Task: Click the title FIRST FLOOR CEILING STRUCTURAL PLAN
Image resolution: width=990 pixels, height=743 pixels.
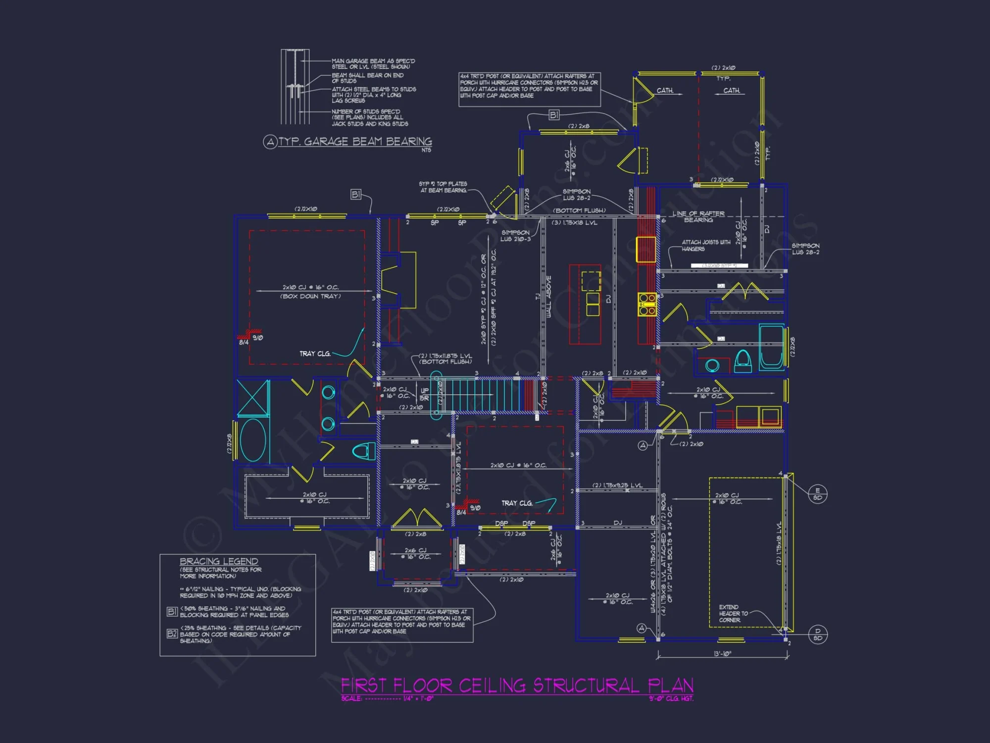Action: (517, 686)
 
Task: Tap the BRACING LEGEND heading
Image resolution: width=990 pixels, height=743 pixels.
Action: (219, 561)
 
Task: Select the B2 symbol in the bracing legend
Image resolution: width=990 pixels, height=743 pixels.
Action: (172, 634)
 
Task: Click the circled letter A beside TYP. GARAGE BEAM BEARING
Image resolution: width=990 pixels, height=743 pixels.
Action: (270, 142)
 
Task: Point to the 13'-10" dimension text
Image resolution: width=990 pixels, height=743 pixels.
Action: (722, 654)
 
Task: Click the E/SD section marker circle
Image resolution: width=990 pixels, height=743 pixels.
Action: (817, 494)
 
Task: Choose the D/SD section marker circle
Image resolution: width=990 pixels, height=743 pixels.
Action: (817, 634)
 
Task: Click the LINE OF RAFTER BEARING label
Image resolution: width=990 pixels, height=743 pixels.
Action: (698, 216)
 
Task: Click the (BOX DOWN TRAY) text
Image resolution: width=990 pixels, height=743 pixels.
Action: (310, 296)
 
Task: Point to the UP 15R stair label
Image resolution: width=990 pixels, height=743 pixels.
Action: (424, 394)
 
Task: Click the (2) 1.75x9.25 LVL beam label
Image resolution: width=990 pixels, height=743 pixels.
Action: (617, 485)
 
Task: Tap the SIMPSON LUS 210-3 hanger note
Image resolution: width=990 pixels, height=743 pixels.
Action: (515, 236)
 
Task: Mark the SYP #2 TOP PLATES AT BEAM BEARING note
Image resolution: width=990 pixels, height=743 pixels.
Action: (443, 187)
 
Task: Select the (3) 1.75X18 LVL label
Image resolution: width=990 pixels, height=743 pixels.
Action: (574, 223)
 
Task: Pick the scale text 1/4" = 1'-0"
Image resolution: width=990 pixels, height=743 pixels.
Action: (418, 698)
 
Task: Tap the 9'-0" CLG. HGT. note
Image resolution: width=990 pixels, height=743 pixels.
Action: (671, 698)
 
